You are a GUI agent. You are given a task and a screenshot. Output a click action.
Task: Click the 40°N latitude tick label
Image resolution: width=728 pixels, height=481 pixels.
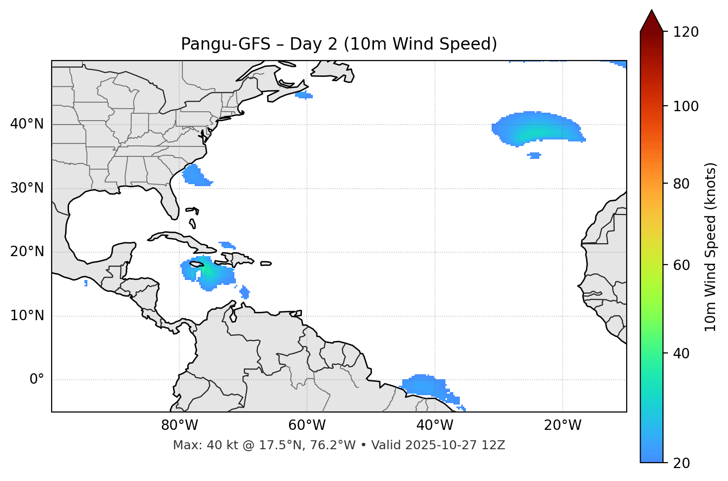point(27,124)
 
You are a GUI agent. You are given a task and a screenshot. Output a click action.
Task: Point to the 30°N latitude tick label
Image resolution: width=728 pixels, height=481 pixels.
point(27,188)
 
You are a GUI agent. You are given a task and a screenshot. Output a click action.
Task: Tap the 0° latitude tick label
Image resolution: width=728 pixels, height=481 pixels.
point(37,380)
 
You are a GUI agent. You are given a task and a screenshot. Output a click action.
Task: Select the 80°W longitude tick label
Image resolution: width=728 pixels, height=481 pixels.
point(179,425)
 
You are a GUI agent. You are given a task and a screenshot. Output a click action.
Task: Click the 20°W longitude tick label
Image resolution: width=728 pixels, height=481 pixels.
point(563,425)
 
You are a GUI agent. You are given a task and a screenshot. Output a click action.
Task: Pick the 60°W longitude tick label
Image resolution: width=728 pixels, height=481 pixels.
point(307,425)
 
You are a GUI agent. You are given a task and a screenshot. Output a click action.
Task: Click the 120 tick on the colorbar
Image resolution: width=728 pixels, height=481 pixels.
point(686,32)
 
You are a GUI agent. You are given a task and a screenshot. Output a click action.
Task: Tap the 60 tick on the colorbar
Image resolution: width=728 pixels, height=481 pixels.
point(682,265)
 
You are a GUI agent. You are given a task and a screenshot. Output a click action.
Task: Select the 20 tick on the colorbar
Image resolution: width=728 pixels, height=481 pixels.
point(682,463)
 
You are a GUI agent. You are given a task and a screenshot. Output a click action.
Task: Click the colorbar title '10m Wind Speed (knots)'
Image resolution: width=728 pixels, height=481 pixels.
point(711,247)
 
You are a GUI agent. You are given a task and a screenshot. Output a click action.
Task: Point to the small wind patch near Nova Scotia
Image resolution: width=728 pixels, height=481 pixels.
point(303,95)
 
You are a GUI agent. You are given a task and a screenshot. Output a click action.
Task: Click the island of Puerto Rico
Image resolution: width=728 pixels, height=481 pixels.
point(266,264)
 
